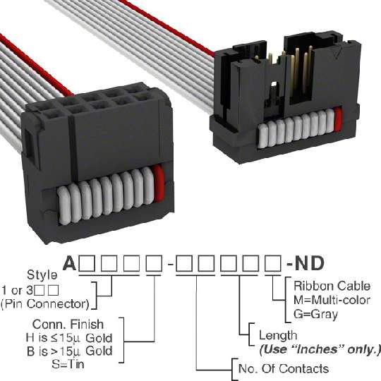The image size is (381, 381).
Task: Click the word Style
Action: pos(42,275)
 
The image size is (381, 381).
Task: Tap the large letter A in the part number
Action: pos(70,263)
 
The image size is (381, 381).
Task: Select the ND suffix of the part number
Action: pos(309,263)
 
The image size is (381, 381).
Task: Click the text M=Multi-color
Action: pos(332,300)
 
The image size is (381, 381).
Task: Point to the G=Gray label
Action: pos(315,314)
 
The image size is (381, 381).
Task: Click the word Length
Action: pos(278,336)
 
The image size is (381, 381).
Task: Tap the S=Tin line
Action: pos(68,364)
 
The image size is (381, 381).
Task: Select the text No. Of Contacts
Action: pos(284,369)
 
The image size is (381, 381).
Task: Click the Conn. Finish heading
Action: pos(68,325)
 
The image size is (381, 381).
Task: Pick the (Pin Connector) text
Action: pos(45,304)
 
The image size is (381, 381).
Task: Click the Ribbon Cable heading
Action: pos(332,286)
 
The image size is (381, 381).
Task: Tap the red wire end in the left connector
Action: pos(158,184)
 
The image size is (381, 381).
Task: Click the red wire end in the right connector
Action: pos(338,119)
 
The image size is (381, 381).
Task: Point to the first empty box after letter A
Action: pos(87,263)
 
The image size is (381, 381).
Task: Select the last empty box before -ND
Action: pos(273,263)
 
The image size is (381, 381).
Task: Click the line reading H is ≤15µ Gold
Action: pos(69,338)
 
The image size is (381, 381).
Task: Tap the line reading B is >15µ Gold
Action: pos(70,351)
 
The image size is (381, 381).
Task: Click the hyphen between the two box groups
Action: pos(171,264)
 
